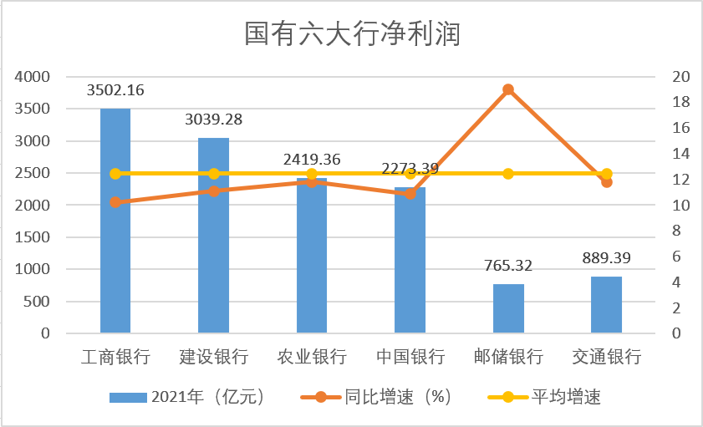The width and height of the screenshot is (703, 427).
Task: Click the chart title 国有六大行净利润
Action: (352, 35)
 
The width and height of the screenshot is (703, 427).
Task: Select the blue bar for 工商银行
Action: (115, 221)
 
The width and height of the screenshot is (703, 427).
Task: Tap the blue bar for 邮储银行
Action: (508, 309)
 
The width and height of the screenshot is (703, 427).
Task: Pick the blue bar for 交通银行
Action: (606, 305)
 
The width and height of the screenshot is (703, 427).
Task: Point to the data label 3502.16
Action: (115, 90)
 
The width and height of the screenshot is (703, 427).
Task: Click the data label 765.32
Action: (508, 266)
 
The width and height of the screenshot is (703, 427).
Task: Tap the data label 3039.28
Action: (213, 119)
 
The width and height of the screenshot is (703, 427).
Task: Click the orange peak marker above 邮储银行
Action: (508, 89)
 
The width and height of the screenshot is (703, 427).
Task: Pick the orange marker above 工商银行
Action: (115, 202)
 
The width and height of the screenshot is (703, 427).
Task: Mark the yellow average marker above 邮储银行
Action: (508, 174)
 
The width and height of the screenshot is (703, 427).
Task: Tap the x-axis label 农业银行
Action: (312, 357)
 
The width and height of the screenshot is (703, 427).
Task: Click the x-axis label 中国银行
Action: (410, 357)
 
